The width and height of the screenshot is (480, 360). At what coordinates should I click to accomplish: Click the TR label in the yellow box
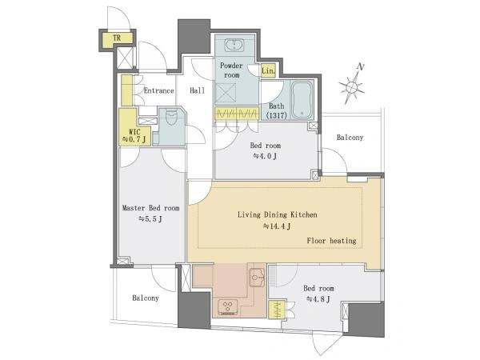(x=117, y=38)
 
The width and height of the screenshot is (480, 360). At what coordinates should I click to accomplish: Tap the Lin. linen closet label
(x=268, y=71)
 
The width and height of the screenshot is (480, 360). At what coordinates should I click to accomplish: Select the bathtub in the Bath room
(x=302, y=100)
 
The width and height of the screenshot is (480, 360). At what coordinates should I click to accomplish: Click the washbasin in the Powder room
(x=234, y=46)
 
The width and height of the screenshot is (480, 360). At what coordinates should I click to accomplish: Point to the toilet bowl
(x=171, y=117)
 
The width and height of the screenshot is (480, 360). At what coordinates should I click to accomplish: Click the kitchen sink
(x=257, y=278)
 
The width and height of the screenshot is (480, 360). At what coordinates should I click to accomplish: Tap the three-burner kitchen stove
(x=228, y=306)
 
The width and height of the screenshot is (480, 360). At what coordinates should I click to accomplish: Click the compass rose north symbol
(x=352, y=87)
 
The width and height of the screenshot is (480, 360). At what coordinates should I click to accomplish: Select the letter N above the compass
(x=362, y=66)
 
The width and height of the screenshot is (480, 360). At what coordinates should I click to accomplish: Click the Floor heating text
(x=331, y=241)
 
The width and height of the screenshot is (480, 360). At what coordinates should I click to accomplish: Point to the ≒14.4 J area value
(x=277, y=226)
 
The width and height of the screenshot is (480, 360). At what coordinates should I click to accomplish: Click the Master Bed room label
(x=151, y=208)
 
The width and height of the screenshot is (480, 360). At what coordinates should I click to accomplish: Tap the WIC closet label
(x=134, y=132)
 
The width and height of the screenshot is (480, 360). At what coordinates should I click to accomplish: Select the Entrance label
(x=159, y=90)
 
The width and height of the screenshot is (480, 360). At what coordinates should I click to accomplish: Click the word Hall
(x=197, y=90)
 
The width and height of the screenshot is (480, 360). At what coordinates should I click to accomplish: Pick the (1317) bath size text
(x=277, y=116)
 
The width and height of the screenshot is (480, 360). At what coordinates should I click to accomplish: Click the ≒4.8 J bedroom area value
(x=318, y=299)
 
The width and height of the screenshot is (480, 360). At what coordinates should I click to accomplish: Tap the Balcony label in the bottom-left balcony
(x=146, y=298)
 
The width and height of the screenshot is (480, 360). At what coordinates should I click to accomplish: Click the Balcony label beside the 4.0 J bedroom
(x=350, y=138)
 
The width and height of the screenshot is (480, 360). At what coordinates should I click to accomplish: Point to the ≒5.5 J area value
(x=150, y=219)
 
